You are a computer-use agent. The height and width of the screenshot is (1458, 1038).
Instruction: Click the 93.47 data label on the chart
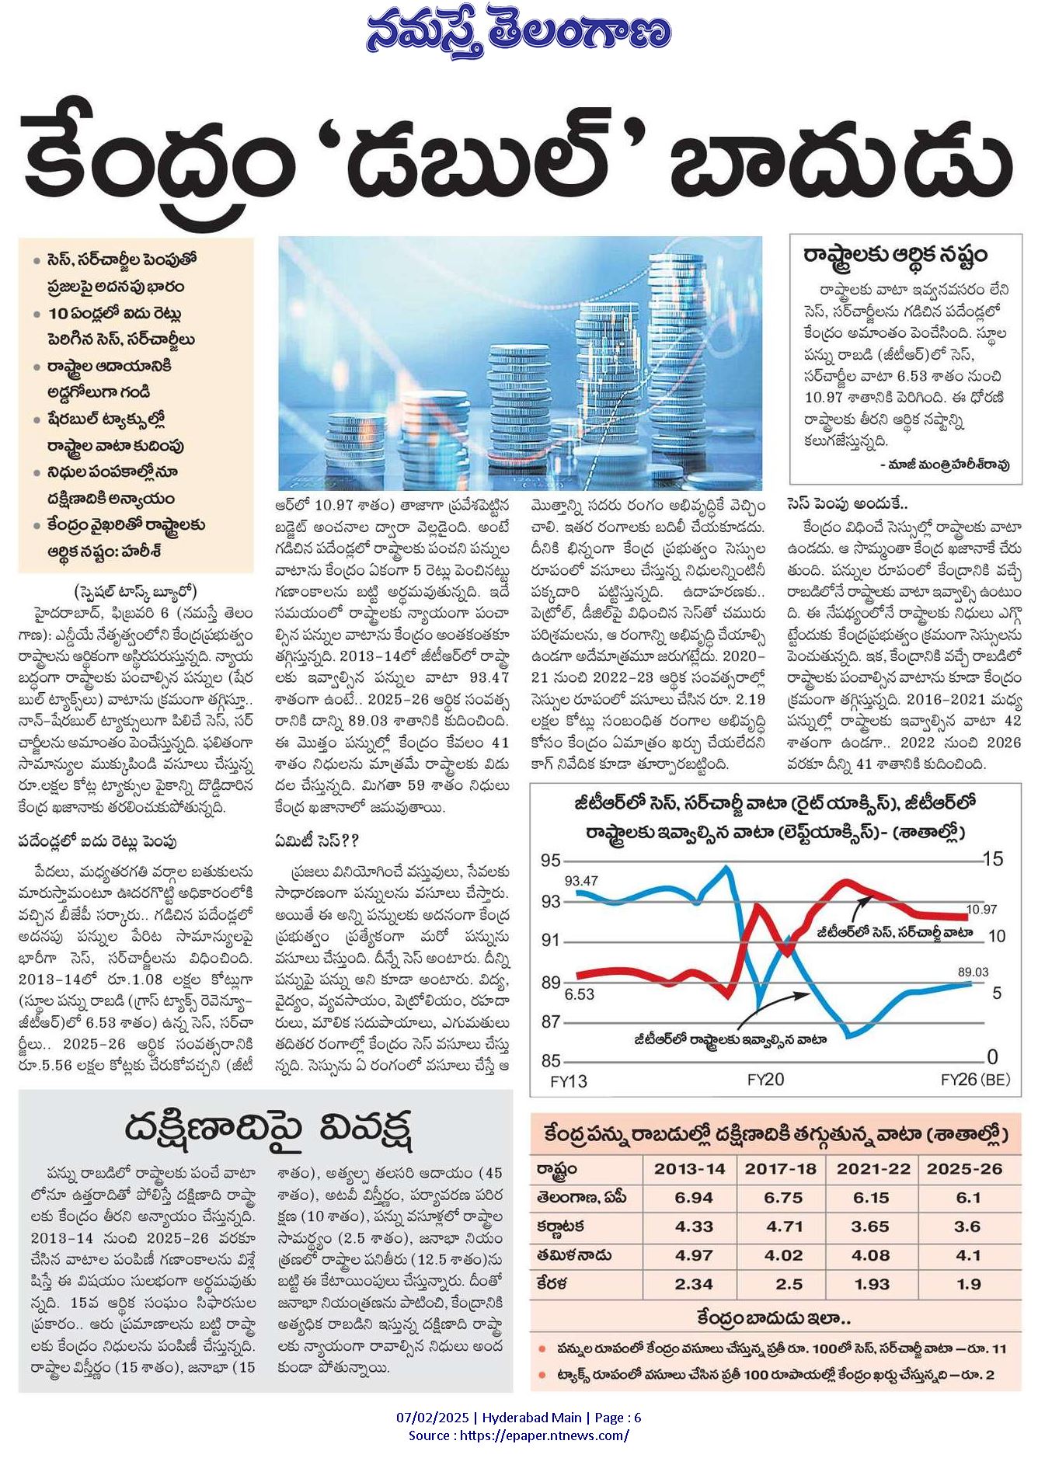click(581, 880)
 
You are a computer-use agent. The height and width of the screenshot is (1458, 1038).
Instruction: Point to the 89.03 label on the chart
click(973, 972)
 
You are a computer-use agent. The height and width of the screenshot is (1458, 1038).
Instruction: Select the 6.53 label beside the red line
click(579, 993)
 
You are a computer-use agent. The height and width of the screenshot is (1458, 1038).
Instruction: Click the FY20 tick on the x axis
click(765, 1079)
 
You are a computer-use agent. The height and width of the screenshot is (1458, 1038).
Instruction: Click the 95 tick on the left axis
click(551, 860)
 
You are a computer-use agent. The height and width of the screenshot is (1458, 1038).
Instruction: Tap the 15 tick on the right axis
click(993, 859)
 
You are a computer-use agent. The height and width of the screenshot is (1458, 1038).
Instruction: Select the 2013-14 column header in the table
click(689, 1169)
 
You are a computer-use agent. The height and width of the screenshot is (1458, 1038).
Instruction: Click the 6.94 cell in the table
click(694, 1198)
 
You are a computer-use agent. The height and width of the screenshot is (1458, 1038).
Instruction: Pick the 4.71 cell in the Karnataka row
click(783, 1227)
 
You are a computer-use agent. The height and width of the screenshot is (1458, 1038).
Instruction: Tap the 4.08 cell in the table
click(871, 1255)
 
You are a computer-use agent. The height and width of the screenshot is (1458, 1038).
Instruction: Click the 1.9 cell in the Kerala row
click(968, 1284)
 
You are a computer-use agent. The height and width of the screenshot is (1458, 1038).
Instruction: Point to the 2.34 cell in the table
click(694, 1284)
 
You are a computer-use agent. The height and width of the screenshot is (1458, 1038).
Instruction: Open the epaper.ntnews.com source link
click(545, 1435)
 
